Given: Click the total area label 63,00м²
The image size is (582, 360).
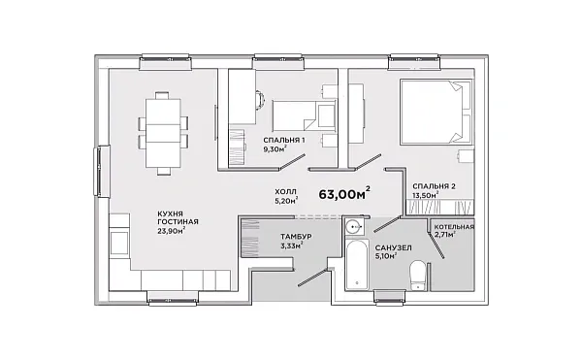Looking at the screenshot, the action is pyautogui.click(x=344, y=193).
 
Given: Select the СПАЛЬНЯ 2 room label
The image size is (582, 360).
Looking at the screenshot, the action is pyautogui.click(x=434, y=186).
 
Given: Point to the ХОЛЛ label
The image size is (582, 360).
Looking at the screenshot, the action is pyautogui.click(x=285, y=192).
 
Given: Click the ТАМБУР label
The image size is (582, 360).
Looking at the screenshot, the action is pyautogui.click(x=296, y=237).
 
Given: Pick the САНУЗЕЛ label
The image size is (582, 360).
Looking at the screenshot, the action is pyautogui.click(x=393, y=247).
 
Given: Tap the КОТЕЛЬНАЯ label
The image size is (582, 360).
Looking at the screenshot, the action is pyautogui.click(x=454, y=227).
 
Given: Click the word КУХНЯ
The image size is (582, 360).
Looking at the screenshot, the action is pyautogui.click(x=170, y=214).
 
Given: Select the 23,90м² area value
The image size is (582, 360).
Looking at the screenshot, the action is pyautogui.click(x=171, y=231).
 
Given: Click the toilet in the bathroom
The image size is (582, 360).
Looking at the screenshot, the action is pyautogui.click(x=418, y=275).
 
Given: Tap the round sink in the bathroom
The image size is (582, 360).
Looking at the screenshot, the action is pyautogui.click(x=353, y=225).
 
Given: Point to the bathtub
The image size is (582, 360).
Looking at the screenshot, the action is pyautogui.click(x=357, y=264).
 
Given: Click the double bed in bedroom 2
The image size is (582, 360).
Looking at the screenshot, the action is pyautogui.click(x=436, y=112).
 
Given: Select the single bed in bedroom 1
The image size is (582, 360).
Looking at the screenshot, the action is pyautogui.click(x=305, y=115).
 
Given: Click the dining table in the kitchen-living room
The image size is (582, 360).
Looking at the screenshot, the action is pyautogui.click(x=163, y=133).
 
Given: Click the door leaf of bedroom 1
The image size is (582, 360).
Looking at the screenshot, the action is pyautogui.click(x=292, y=162).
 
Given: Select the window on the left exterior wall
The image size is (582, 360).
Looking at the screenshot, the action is pyautogui.click(x=101, y=171).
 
